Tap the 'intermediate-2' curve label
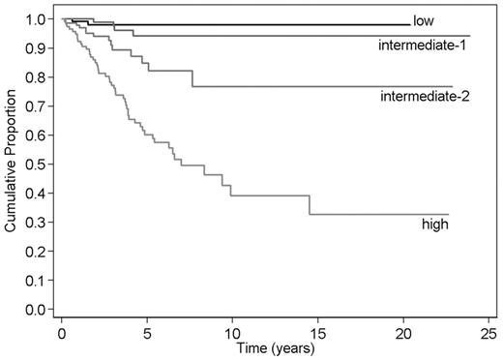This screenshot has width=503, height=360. coord(426,96)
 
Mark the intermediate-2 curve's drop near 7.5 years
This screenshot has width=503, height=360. coord(192,78)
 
